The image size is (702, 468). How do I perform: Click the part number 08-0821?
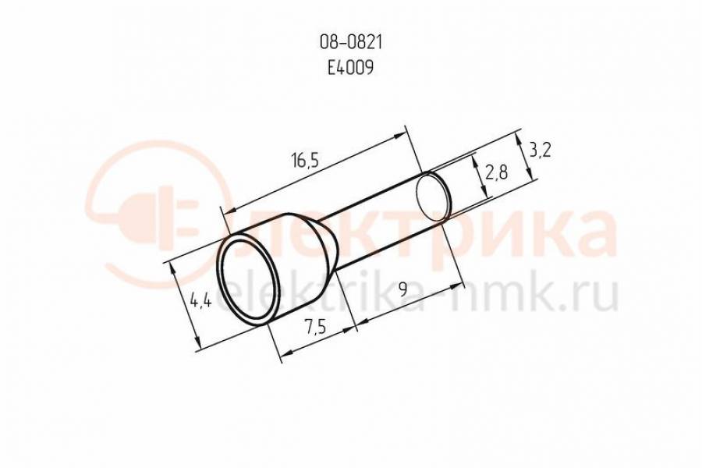point(350,43)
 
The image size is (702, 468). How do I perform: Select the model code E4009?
point(350,68)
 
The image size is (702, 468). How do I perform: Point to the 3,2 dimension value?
point(540,151)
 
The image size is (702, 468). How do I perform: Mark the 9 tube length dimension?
point(403,290)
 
